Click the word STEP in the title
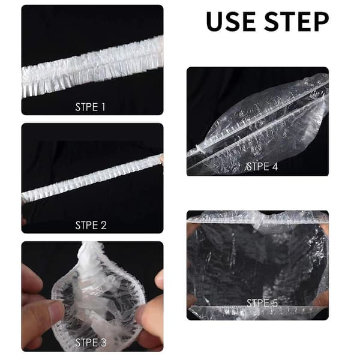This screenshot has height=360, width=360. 296,22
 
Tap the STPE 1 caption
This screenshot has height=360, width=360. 90,107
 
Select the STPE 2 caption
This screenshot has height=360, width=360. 91,225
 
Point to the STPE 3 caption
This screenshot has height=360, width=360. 91,343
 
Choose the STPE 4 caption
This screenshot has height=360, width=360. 262,166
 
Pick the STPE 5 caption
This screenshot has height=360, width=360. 262,303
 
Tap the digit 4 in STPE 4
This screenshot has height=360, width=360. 275,166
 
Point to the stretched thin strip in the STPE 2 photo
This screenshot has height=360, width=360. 92,179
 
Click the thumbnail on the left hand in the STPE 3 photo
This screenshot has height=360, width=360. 55,309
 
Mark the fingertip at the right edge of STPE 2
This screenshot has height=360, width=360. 161,158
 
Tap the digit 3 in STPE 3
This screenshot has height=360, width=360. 103,343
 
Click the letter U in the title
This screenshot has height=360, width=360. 215,22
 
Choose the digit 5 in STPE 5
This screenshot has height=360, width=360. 274,303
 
